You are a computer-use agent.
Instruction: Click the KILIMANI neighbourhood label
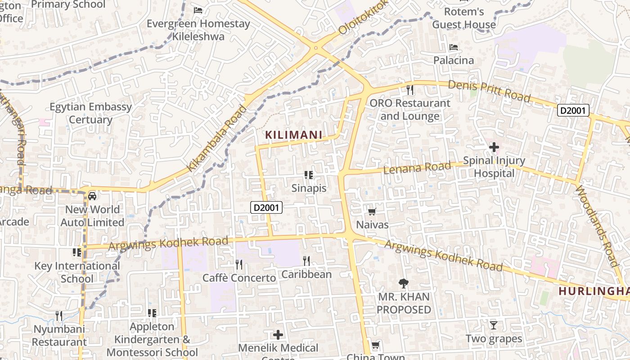[293, 135]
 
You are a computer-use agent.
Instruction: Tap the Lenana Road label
[417, 168]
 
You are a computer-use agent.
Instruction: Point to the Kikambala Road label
[217, 138]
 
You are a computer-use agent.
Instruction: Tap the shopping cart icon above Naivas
[372, 211]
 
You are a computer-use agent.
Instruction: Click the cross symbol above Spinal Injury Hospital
[494, 147]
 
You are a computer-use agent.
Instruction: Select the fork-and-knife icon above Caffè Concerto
[239, 265]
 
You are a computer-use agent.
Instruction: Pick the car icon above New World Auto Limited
[92, 196]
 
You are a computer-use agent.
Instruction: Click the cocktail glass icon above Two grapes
[494, 325]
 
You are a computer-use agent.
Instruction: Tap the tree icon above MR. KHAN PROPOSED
[404, 283]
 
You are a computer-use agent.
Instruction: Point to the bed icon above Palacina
[454, 47]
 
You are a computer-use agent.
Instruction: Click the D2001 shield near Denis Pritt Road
[573, 110]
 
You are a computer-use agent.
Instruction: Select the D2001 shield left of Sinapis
[266, 207]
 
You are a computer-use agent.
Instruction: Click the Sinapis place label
[309, 188]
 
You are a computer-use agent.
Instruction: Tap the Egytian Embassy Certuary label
[91, 113]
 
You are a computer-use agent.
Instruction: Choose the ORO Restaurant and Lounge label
[409, 110]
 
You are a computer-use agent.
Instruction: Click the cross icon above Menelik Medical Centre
[278, 334]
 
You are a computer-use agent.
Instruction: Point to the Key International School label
[77, 272]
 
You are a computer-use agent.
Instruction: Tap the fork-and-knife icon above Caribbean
[306, 261]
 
